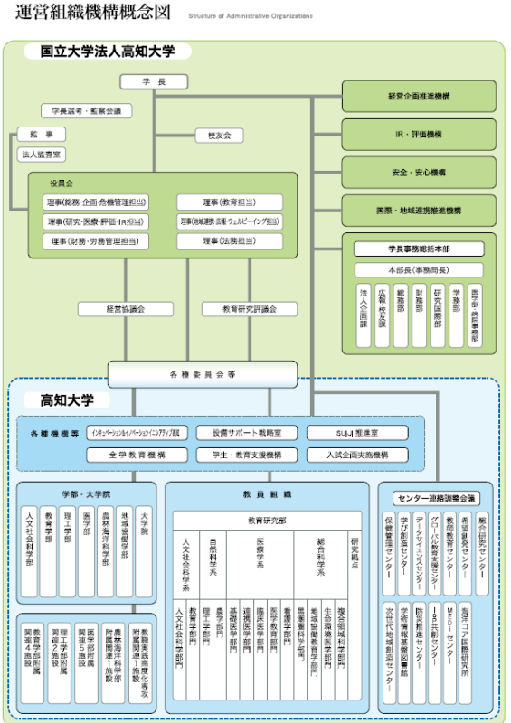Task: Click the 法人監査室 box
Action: (x=42, y=155)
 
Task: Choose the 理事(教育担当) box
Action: (x=229, y=202)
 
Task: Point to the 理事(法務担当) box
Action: (x=229, y=241)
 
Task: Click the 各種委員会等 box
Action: (x=202, y=371)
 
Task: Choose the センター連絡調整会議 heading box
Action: (x=437, y=498)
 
